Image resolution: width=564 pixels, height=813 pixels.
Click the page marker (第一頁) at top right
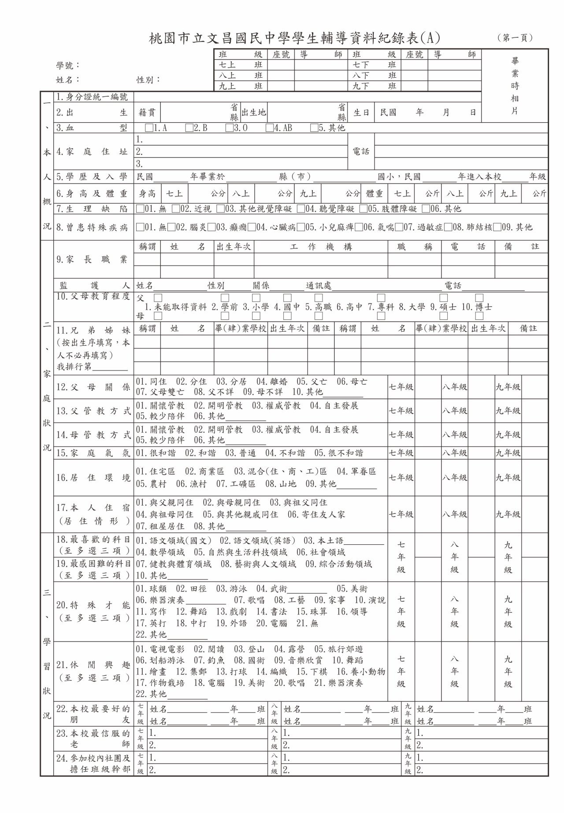pos(515,38)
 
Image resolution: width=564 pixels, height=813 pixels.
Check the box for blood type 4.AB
pos(269,128)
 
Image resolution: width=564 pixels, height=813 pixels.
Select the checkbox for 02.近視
pos(176,209)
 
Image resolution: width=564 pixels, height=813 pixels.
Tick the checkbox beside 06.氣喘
pos(359,228)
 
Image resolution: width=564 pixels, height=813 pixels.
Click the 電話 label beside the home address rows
pos(361,151)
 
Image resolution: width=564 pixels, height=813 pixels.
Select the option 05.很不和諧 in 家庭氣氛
pos(339,453)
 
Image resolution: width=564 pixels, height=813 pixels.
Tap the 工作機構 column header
pos(321,247)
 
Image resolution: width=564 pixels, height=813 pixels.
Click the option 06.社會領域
pos(321,552)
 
